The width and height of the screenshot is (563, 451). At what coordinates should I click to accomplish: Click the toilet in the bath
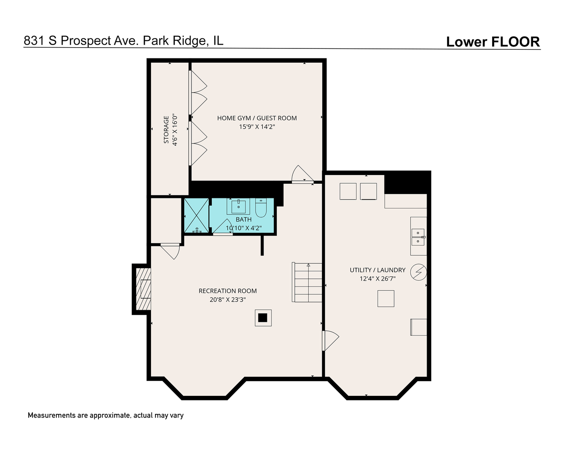[261, 208]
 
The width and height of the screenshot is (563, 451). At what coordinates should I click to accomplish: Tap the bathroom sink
[239, 206]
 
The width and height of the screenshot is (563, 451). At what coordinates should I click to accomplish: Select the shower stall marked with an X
[196, 215]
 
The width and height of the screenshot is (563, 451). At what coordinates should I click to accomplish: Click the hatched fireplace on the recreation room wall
[143, 289]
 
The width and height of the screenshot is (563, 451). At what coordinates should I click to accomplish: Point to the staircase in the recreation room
[307, 282]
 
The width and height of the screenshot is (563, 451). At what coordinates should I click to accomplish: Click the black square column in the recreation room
[263, 318]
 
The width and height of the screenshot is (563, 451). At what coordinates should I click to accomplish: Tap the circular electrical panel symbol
[418, 272]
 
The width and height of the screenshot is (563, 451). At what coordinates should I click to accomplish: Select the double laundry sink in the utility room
[418, 237]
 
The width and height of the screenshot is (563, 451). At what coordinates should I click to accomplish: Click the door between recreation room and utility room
[330, 340]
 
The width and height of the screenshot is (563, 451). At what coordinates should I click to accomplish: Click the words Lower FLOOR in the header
[493, 42]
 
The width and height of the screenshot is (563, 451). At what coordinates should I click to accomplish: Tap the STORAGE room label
[166, 130]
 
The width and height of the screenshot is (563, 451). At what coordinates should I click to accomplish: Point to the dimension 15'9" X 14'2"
[257, 127]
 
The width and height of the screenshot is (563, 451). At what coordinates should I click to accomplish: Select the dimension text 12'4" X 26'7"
[377, 279]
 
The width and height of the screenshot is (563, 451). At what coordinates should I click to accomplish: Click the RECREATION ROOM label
[228, 291]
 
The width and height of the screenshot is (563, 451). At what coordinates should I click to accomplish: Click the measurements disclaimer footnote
[106, 416]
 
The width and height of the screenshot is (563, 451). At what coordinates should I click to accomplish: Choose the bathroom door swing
[222, 227]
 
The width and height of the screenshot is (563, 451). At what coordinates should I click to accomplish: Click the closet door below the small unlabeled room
[170, 251]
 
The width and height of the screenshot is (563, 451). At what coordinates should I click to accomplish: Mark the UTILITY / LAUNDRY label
[377, 270]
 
